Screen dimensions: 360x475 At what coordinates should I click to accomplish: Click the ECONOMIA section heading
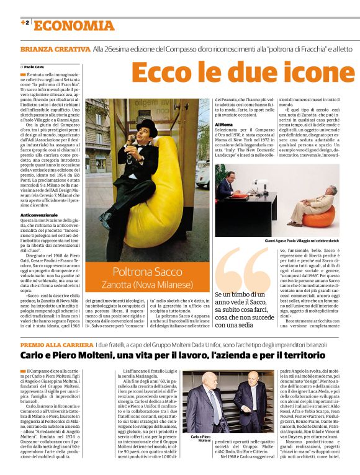coord(74,25)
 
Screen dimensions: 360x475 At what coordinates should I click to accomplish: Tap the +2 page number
coord(25,23)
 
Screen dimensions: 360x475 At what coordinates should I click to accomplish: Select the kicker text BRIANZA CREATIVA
coord(55,48)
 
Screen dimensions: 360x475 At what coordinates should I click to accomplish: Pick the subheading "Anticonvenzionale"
coord(39,215)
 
